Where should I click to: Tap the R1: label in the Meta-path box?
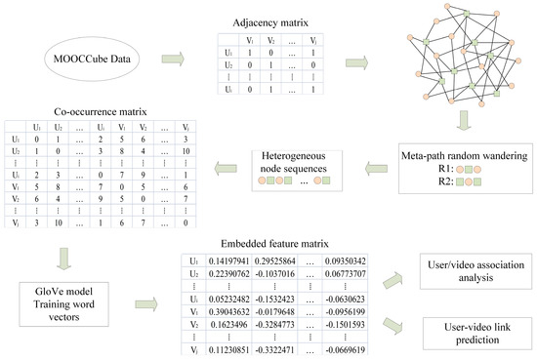tap(420, 169)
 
